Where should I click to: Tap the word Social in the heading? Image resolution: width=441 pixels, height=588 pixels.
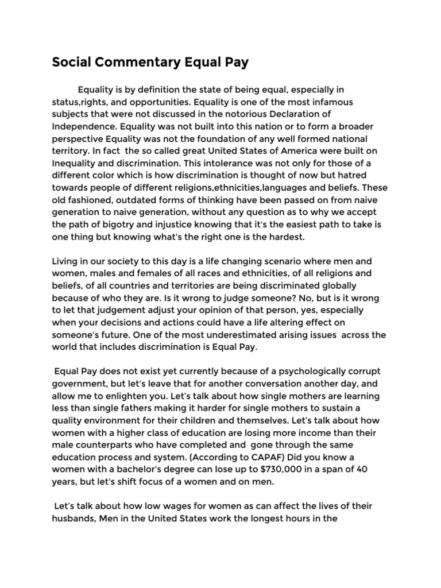[x=71, y=63]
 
